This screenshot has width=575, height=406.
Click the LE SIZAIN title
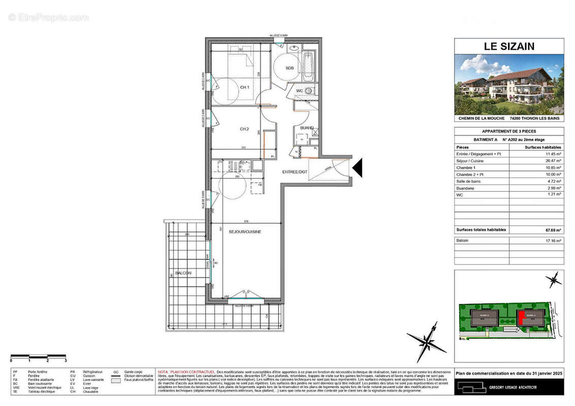[x=508, y=47]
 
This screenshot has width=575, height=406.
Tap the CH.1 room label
[x=245, y=88]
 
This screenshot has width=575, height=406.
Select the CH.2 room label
[x=244, y=129]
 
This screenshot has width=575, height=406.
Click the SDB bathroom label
[x=290, y=68]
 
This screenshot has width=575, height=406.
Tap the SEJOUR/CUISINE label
[x=245, y=231]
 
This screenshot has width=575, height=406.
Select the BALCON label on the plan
[x=183, y=273]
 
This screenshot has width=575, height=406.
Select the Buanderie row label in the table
[x=466, y=187]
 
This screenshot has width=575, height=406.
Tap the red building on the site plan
[x=521, y=318]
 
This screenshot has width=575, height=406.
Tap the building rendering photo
[x=508, y=84]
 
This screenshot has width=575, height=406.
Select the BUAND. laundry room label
[x=306, y=128]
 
